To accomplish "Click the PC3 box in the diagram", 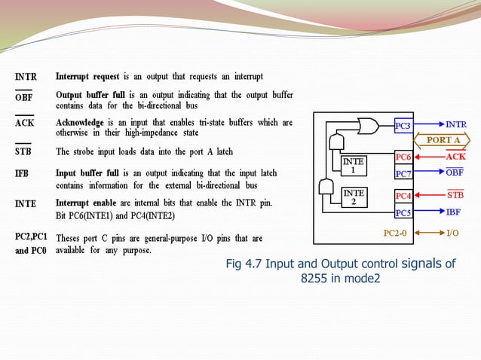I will pos(403,125).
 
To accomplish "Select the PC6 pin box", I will pos(403,157).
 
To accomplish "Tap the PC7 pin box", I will pos(403,174).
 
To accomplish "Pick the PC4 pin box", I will pos(403,197).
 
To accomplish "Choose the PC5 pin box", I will pos(403,212).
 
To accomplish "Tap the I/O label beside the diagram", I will pos(453,233).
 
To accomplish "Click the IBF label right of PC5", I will pos(454,212).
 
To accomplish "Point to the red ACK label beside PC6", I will pos(455,157).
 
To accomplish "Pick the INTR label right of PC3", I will pos(455,125).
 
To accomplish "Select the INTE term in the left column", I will pos(26,203).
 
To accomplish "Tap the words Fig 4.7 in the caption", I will pos(245,264).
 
